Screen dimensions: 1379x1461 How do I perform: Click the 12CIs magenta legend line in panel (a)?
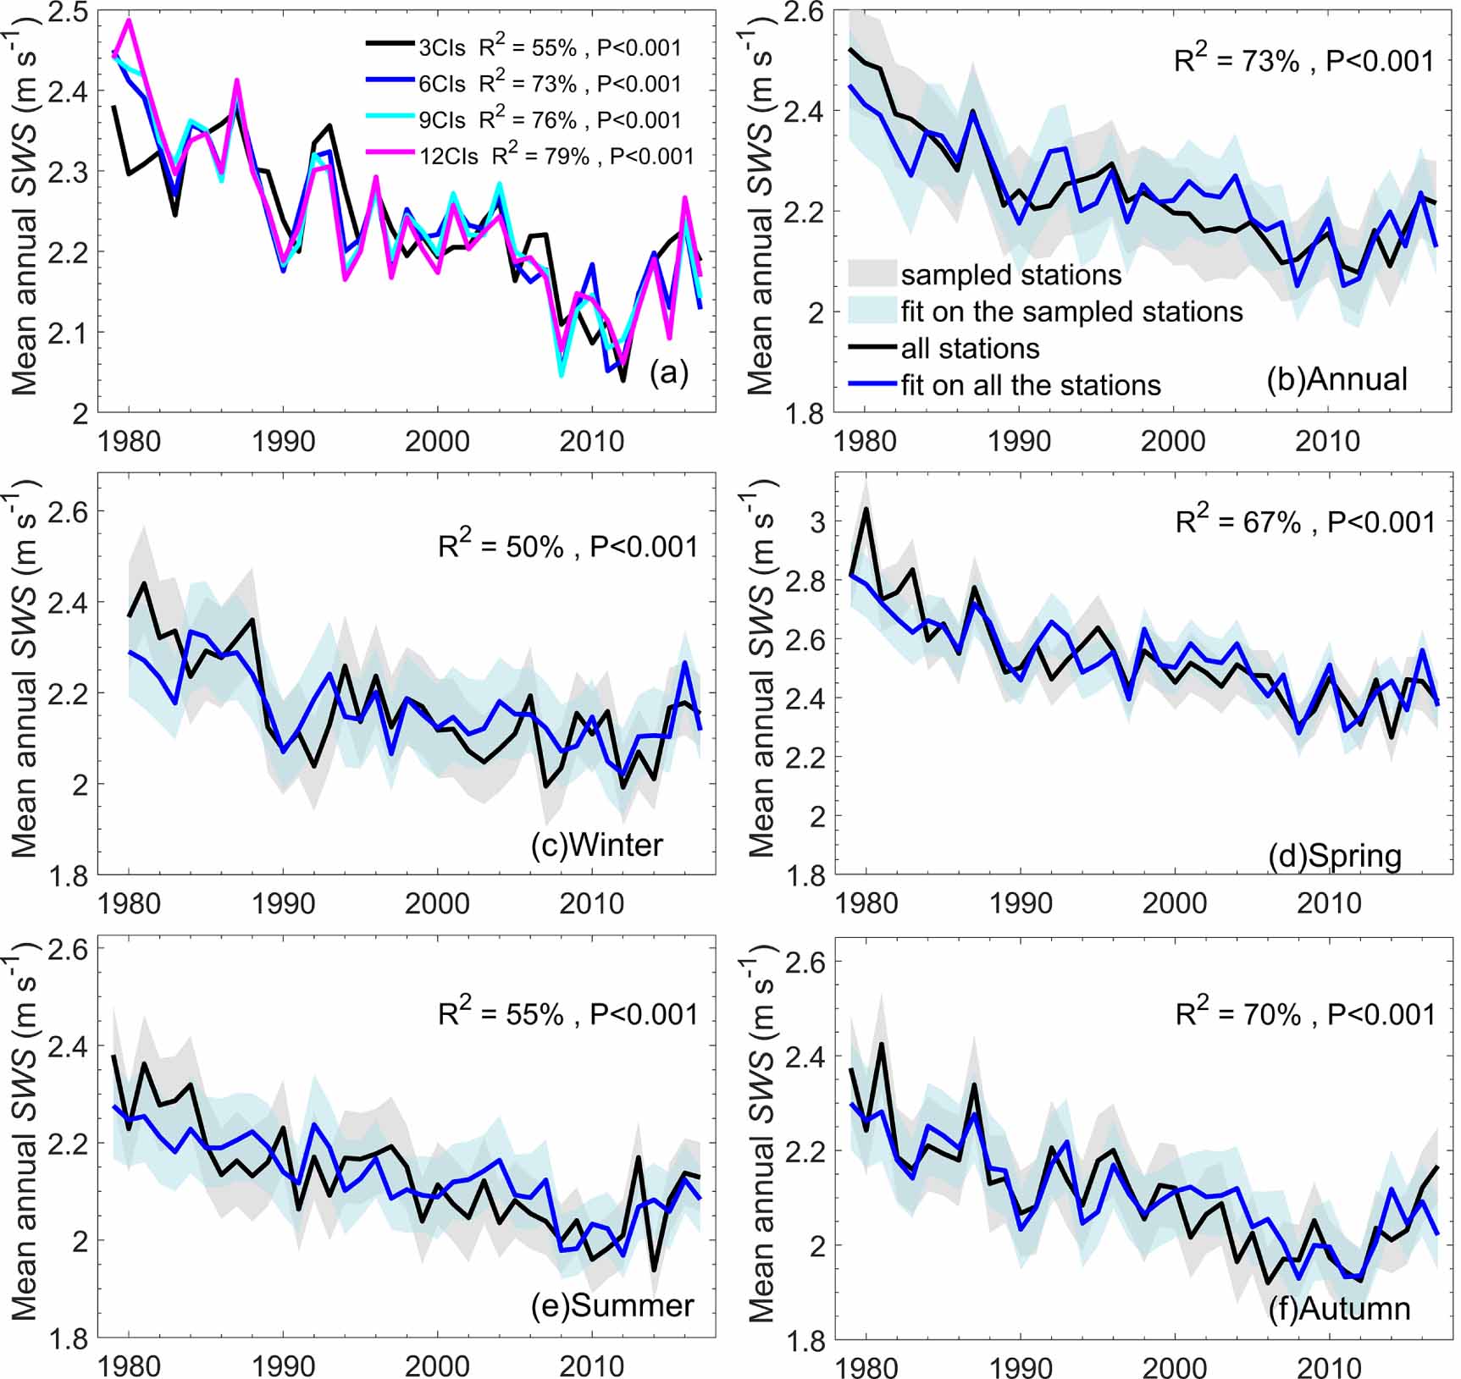393,155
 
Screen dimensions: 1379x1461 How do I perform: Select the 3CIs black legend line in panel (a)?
393,47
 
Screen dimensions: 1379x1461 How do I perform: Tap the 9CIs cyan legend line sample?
393,119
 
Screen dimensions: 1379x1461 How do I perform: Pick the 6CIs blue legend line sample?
393,83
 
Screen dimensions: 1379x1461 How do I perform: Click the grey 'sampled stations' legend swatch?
872,274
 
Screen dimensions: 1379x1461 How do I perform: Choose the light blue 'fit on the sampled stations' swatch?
872,311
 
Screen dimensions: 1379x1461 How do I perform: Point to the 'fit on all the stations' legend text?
1030,385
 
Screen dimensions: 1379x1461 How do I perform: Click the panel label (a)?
668,372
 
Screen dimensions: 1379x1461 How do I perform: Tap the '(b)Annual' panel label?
1336,378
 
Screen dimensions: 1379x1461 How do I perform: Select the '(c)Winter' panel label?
597,844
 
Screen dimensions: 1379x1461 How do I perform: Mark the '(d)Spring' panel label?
1335,855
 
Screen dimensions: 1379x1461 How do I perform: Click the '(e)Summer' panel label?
612,1305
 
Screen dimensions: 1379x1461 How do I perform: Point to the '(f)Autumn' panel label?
1339,1308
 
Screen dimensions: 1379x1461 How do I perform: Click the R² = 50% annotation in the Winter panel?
567,546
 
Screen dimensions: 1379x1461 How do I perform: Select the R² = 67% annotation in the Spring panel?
1305,521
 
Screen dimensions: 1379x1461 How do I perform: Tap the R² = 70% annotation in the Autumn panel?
1305,1013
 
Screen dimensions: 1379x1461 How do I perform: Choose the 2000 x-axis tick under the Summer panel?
436,1365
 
